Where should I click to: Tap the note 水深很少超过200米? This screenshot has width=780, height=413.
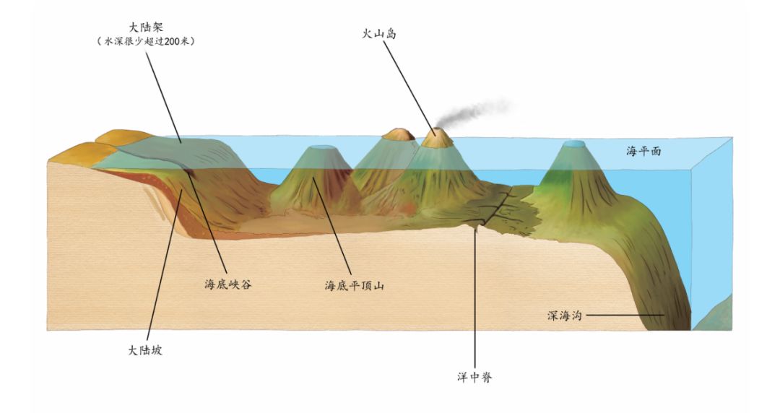pyautogui.click(x=146, y=42)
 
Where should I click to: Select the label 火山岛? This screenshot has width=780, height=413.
pyautogui.click(x=381, y=33)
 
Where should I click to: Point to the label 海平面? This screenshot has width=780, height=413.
pyautogui.click(x=643, y=152)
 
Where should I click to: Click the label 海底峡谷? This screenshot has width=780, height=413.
pyautogui.click(x=227, y=284)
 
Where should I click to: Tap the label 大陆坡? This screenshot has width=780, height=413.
pyautogui.click(x=145, y=350)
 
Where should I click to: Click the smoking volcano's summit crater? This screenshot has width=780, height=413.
pyautogui.click(x=438, y=134)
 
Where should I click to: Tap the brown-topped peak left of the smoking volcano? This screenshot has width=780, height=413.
pyautogui.click(x=399, y=134)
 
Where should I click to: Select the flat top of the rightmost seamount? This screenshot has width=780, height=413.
pyautogui.click(x=575, y=145)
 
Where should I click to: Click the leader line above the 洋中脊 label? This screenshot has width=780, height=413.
pyautogui.click(x=475, y=303)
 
